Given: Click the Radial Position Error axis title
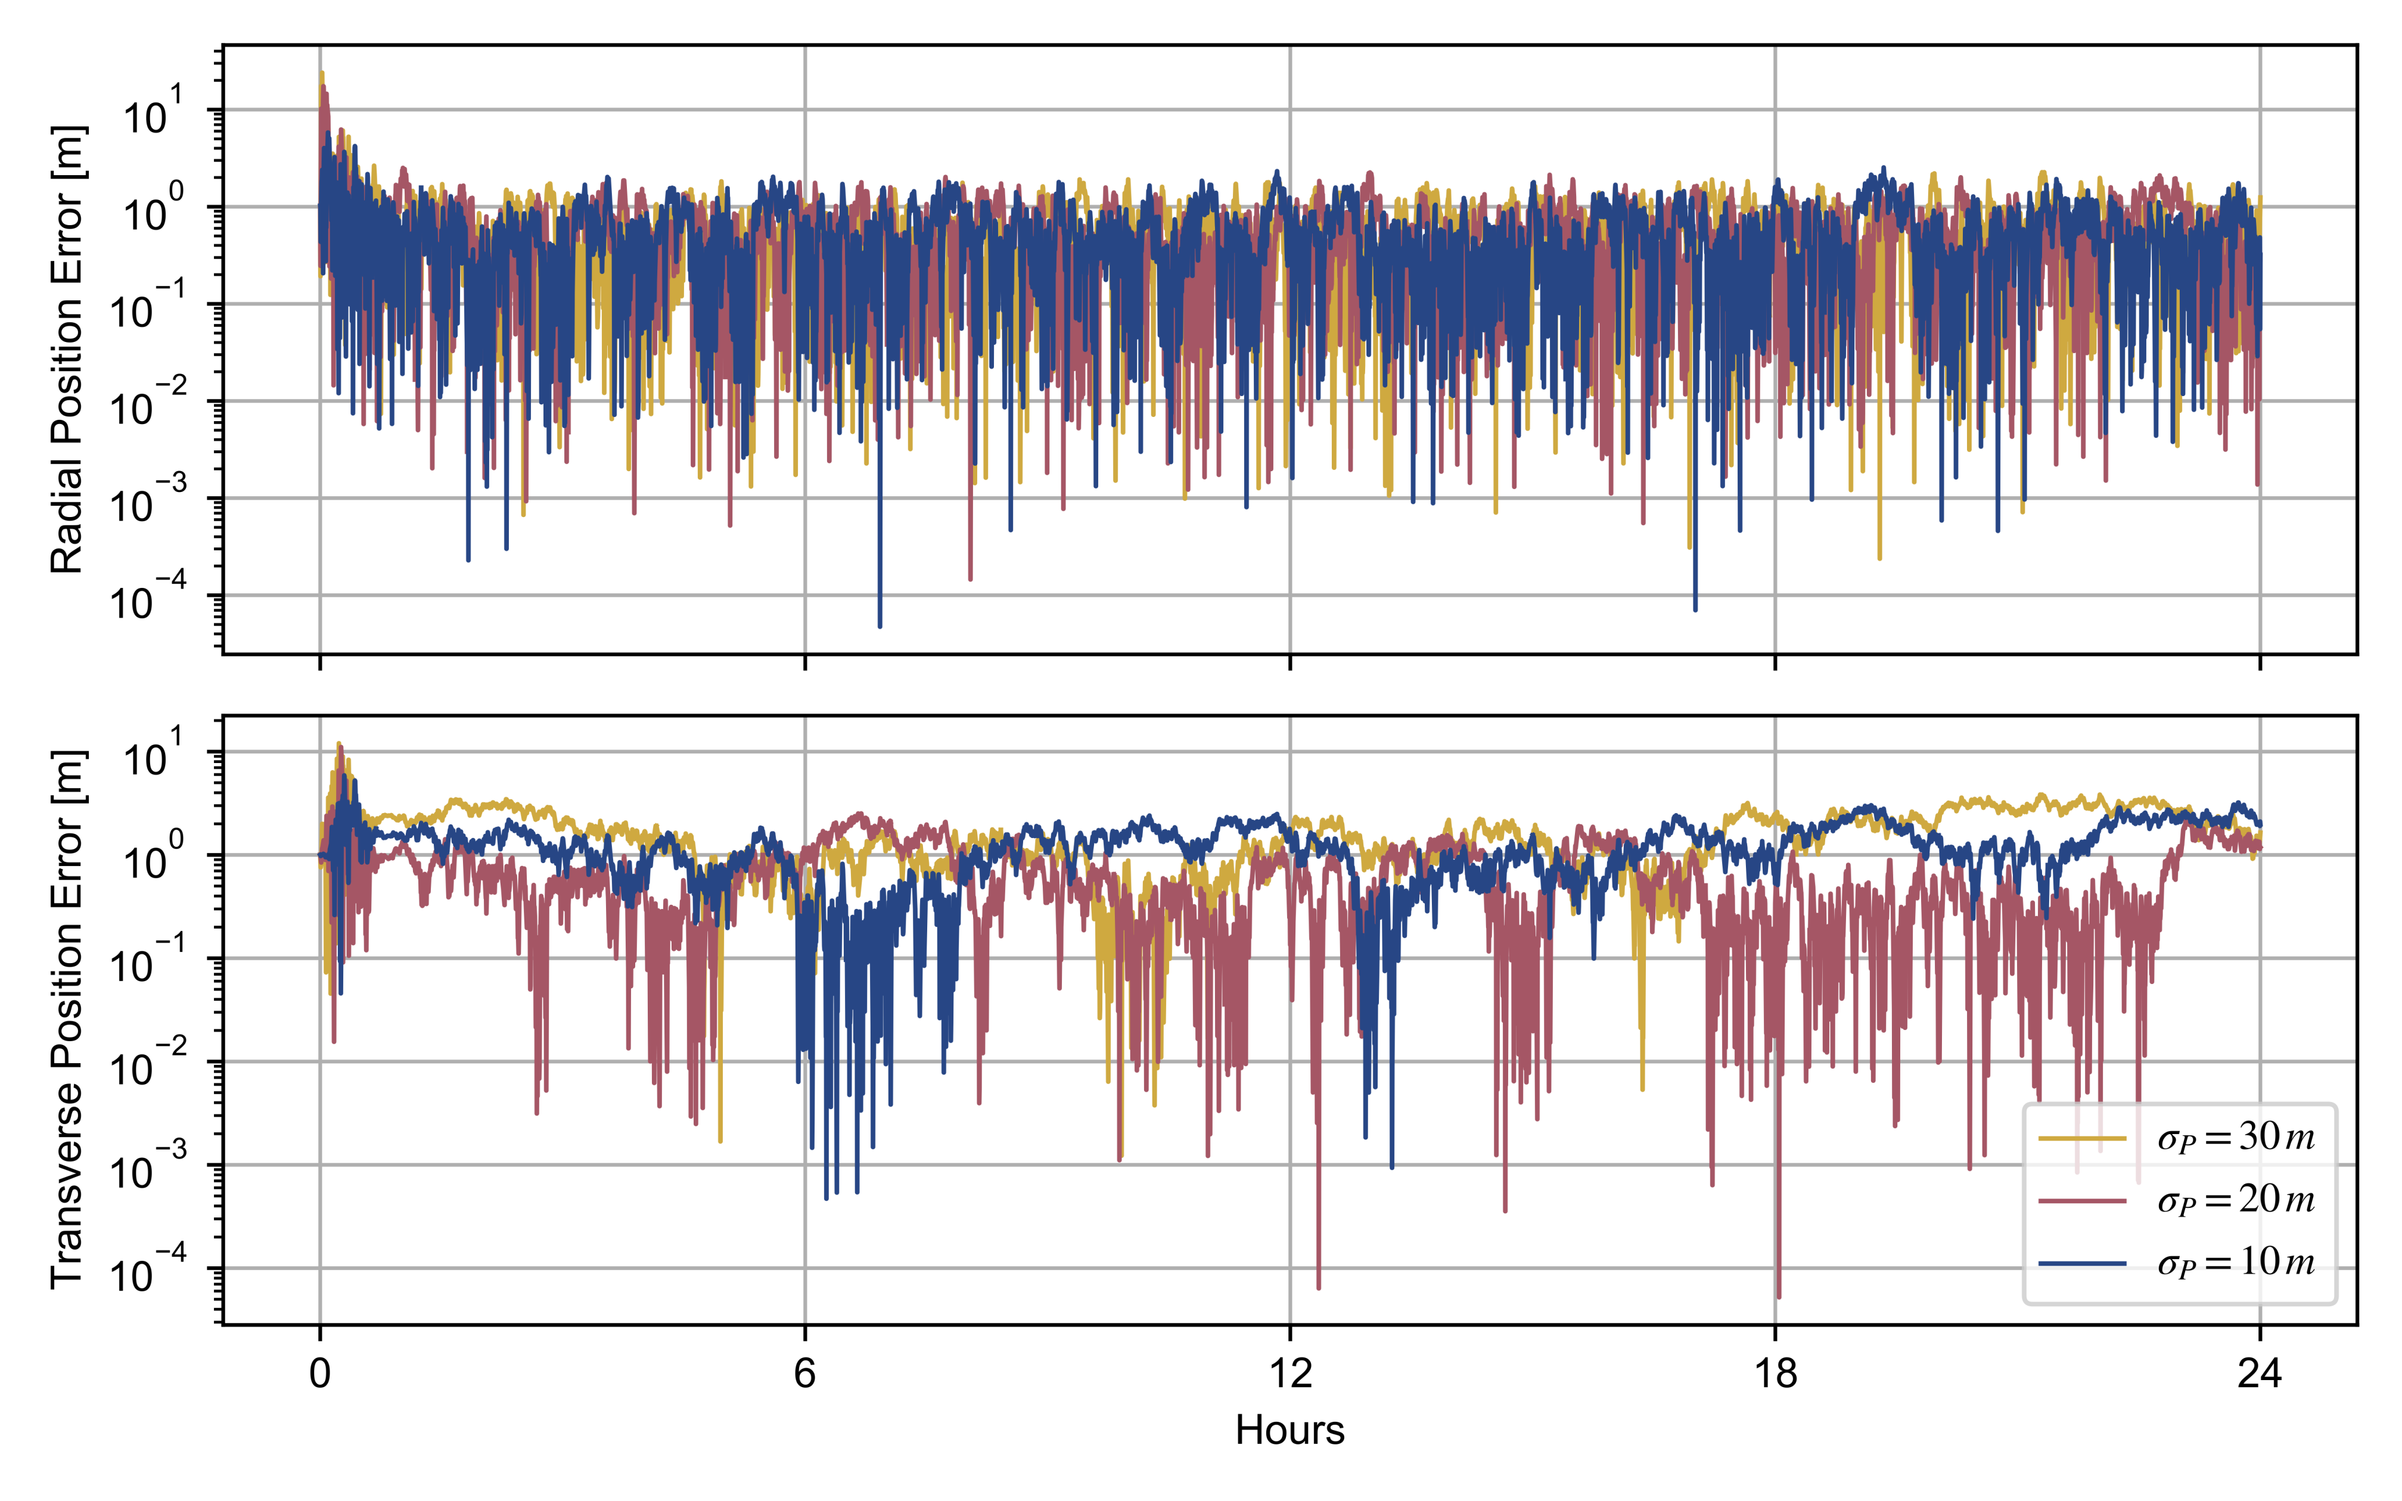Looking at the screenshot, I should click(x=67, y=350).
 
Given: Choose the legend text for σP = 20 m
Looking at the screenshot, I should click(x=2234, y=1200).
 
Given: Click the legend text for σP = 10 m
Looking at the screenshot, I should click(x=2234, y=1263).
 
